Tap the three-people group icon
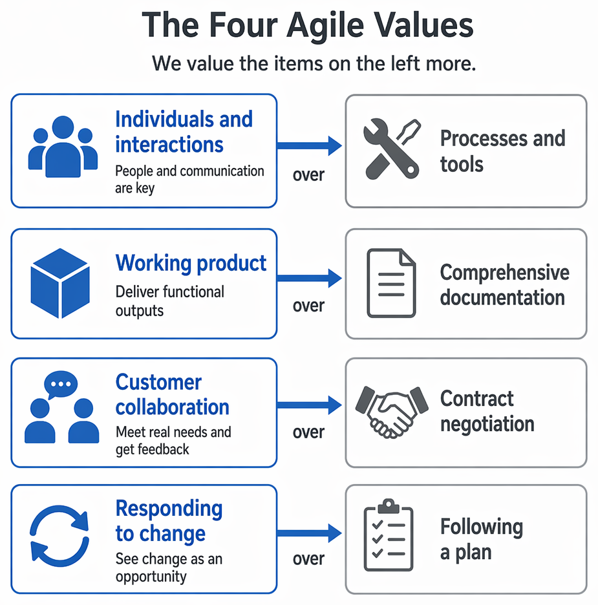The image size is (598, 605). [x=63, y=147]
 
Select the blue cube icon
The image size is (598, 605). [x=60, y=283]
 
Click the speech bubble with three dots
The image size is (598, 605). [x=61, y=385]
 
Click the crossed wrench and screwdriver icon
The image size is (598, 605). [x=392, y=149]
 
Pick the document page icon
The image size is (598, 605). [x=391, y=283]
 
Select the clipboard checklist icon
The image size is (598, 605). [x=389, y=535]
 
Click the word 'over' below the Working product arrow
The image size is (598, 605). [x=308, y=306]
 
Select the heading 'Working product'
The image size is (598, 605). [x=191, y=264]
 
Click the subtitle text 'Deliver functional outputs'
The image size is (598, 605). [x=170, y=301]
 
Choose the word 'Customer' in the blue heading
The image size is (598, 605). [x=158, y=383]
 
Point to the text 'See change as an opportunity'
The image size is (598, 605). [x=169, y=568]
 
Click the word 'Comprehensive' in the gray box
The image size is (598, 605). [x=505, y=273]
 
